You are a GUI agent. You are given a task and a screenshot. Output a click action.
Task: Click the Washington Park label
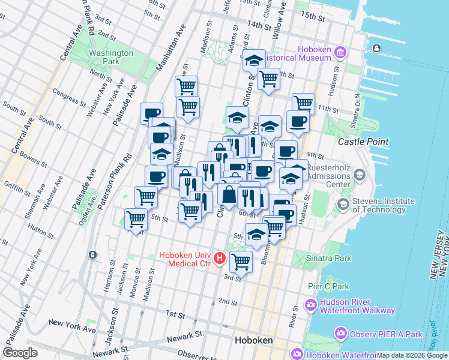[x=110, y=57]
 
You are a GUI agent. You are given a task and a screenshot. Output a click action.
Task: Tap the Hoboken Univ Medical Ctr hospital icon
[x=220, y=259]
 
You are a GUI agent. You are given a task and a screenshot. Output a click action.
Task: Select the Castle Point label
[x=363, y=142]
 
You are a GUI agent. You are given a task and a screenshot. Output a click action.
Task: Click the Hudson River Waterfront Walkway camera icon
[x=310, y=305]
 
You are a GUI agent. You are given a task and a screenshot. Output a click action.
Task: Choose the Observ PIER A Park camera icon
[x=340, y=332]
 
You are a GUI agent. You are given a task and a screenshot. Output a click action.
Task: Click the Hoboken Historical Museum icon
[x=340, y=53]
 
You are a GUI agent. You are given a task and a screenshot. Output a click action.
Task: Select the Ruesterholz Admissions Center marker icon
[x=360, y=175]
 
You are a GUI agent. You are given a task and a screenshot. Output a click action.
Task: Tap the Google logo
[x=20, y=353]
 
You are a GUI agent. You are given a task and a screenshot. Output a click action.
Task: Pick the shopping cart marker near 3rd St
[x=241, y=260]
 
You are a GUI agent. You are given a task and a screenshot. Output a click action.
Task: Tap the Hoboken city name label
[x=253, y=340]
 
